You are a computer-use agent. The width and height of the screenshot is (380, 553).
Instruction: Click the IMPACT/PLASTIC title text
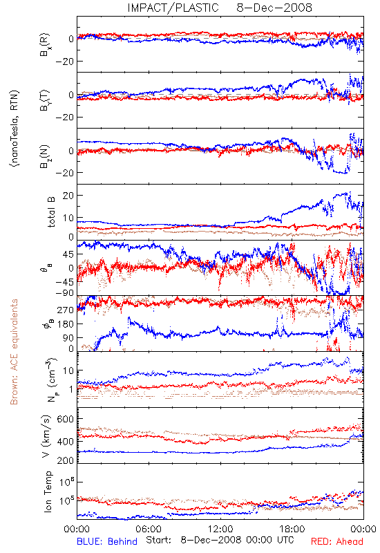(173, 8)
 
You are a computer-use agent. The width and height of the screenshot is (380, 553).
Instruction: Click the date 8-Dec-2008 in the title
(274, 8)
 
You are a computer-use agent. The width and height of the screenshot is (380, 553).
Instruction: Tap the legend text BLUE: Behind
(107, 541)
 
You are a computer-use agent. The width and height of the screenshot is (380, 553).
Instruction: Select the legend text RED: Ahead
(337, 541)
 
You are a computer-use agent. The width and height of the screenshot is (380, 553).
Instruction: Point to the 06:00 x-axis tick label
(149, 529)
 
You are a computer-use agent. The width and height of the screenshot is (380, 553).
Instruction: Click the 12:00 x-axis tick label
(220, 529)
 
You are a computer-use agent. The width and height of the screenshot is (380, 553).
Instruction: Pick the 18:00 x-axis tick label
(292, 529)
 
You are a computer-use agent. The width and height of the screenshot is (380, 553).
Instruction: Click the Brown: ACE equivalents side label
(14, 352)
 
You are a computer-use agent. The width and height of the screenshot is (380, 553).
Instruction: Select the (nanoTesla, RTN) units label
(15, 128)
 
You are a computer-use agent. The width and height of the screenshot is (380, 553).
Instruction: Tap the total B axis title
(51, 212)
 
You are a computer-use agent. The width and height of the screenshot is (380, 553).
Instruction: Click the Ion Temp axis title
(48, 491)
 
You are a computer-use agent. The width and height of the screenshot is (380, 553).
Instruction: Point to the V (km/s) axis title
(47, 436)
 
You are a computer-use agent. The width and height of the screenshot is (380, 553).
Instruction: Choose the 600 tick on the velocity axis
(66, 419)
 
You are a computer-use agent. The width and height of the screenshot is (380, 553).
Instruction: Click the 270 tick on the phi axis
(66, 310)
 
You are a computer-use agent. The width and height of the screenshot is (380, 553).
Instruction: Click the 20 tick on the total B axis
(68, 196)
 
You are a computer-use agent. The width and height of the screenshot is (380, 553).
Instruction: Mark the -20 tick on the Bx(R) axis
(64, 62)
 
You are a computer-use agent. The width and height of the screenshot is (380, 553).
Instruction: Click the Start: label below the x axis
(158, 540)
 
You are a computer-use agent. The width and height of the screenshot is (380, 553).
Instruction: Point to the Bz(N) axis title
(45, 156)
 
